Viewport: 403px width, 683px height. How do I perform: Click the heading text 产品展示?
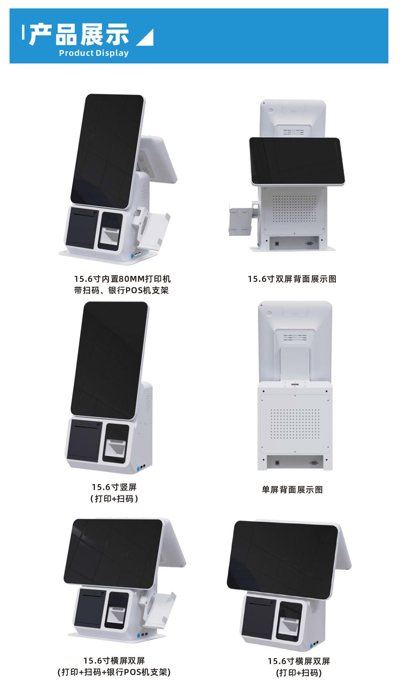pyautogui.click(x=79, y=35)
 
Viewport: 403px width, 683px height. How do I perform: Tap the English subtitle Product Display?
pyautogui.click(x=94, y=53)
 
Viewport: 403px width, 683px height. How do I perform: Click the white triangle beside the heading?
pyautogui.click(x=146, y=38)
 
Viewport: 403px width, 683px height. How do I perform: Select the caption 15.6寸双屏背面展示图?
pyautogui.click(x=292, y=279)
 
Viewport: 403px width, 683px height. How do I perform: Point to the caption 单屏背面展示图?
pyautogui.click(x=292, y=490)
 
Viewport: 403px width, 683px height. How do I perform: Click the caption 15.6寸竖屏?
pyautogui.click(x=114, y=487)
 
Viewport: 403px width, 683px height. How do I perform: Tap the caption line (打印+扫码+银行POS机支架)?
pyautogui.click(x=114, y=672)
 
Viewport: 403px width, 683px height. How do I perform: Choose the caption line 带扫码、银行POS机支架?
pyautogui.click(x=121, y=290)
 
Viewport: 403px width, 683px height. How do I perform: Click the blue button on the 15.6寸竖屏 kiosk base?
pyautogui.click(x=137, y=466)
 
